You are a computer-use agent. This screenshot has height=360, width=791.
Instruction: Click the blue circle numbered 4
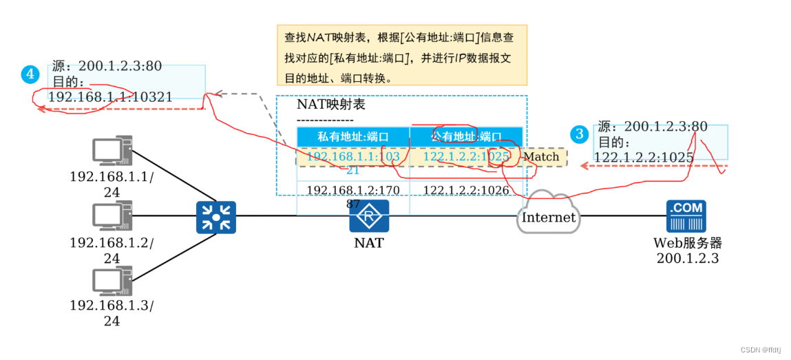click(30, 74)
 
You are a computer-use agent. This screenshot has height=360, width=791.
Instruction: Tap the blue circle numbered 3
click(580, 134)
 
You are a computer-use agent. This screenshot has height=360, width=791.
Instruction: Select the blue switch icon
click(216, 217)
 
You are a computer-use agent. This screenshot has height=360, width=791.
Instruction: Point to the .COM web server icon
click(686, 216)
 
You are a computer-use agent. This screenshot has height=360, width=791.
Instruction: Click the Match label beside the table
click(541, 157)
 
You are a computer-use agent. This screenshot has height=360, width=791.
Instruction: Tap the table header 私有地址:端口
click(353, 136)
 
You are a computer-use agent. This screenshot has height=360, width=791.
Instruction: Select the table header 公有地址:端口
click(466, 136)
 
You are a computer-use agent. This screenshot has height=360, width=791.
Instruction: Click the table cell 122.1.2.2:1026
click(466, 189)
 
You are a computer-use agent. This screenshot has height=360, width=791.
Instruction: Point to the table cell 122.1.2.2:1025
click(466, 157)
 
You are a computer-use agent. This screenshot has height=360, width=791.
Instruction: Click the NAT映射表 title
click(330, 105)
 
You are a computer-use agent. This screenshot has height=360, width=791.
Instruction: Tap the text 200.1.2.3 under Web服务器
click(688, 258)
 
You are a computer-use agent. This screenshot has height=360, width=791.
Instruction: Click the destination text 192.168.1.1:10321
click(110, 97)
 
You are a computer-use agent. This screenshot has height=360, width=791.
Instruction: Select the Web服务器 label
click(688, 243)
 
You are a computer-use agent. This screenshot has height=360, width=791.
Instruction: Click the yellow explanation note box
click(401, 55)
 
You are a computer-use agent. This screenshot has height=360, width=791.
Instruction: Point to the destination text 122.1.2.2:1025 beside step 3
click(643, 158)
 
